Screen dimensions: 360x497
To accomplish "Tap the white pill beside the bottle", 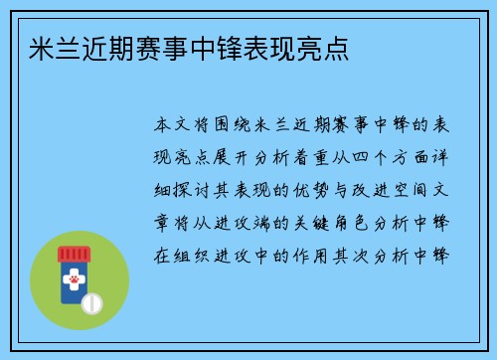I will pyautogui.click(x=92, y=300).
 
